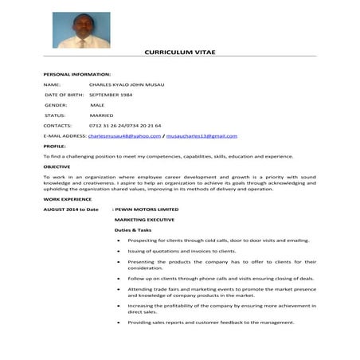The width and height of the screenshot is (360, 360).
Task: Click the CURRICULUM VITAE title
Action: pos(179,52)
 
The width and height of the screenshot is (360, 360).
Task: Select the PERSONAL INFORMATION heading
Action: pos(72,73)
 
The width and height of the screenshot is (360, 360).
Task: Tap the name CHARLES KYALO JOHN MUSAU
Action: pos(127,84)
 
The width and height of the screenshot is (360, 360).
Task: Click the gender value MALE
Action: pos(97,104)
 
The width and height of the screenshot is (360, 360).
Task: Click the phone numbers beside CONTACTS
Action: pos(126,125)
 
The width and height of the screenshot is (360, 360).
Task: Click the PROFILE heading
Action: pos(54,146)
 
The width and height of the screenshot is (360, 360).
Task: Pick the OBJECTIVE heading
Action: pos(57,166)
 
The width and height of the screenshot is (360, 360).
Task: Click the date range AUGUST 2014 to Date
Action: pos(72,209)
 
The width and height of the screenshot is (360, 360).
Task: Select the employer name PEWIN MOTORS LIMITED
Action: pos(147,209)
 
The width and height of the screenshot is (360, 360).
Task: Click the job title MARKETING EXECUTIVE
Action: pos(144,219)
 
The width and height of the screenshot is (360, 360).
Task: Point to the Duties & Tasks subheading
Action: pos(133,229)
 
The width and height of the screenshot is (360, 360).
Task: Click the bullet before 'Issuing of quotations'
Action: pos(118,250)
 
